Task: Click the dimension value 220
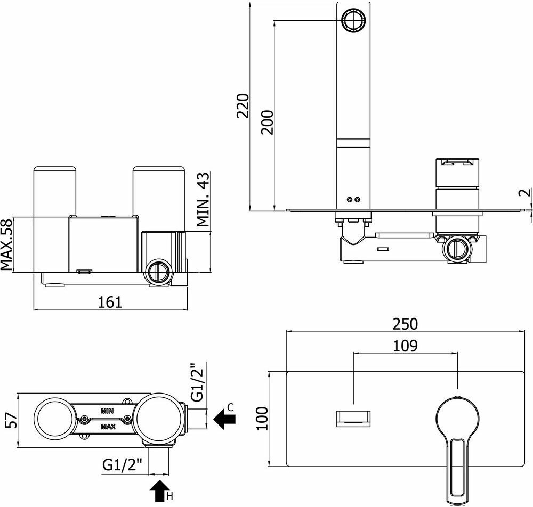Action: [243, 106]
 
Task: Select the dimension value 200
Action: [268, 122]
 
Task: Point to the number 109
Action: [405, 346]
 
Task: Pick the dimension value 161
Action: [110, 302]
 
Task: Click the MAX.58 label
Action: [6, 245]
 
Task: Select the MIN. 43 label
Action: [204, 200]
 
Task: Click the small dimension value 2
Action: [525, 193]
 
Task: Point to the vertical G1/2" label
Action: [197, 382]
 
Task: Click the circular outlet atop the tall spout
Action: [352, 21]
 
